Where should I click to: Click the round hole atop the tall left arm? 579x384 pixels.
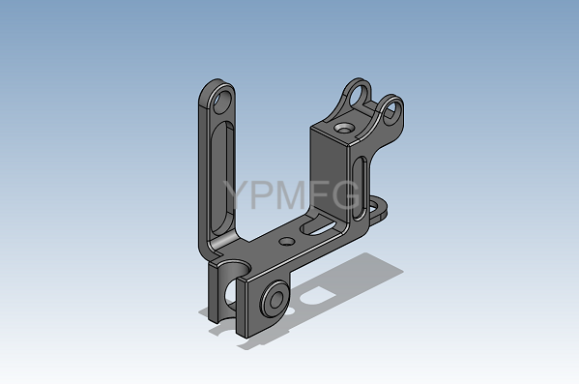221,102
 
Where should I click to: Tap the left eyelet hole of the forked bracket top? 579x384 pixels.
358,96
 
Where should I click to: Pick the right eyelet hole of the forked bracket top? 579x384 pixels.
392,111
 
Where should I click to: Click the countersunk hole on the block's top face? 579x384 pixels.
344,129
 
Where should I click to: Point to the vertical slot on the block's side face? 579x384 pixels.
360,188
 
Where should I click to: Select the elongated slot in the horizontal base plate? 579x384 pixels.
320,227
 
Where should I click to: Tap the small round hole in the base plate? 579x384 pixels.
286,242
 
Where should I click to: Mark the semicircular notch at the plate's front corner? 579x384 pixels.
233,267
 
